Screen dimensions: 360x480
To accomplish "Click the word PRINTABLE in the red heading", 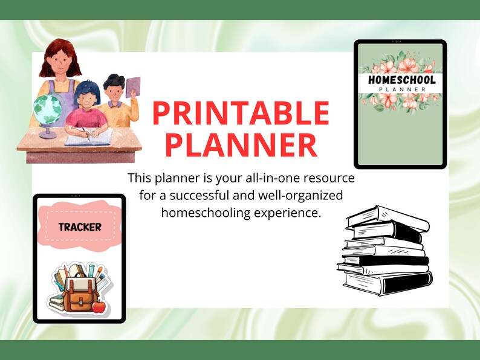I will coord(241,114).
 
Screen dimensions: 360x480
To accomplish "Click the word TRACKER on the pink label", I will coord(79,228).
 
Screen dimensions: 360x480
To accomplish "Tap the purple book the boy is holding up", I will coord(133,87).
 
